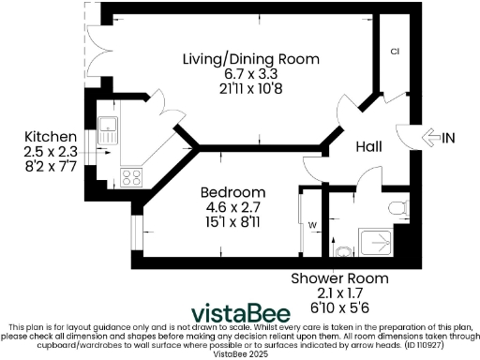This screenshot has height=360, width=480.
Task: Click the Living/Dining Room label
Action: [x=250, y=59]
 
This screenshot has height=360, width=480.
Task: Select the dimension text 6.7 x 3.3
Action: [x=250, y=73]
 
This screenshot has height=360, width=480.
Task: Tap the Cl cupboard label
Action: [x=396, y=52]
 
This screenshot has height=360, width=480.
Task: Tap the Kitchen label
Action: [x=44, y=134]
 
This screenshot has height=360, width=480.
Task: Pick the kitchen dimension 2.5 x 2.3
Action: [x=44, y=148]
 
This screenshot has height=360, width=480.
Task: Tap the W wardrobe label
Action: [x=312, y=224]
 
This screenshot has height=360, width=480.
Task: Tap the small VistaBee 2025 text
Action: [x=240, y=353]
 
